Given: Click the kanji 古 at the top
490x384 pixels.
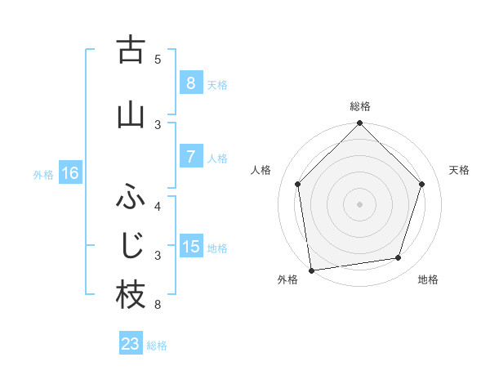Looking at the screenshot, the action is (x=131, y=51).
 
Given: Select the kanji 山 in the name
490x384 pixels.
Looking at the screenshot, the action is (x=131, y=114).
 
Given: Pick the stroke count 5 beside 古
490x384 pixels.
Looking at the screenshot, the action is (x=158, y=60).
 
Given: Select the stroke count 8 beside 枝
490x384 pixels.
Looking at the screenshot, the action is (x=158, y=306).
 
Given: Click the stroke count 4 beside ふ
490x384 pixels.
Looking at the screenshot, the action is (x=158, y=206).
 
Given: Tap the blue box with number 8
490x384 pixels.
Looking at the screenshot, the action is (x=190, y=83).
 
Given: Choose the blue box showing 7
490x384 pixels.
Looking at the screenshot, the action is (x=190, y=157).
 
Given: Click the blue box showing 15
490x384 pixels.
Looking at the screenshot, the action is (x=190, y=247).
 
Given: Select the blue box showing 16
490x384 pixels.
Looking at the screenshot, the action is (x=69, y=173).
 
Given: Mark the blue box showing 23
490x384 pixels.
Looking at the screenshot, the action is (x=130, y=344).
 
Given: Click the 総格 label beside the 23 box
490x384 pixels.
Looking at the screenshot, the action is (x=157, y=346).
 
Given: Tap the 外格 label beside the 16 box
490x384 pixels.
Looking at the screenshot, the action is (x=43, y=174).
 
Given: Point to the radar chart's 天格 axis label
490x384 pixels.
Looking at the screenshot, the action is (x=460, y=170).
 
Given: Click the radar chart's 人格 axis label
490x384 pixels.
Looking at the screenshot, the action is (x=261, y=170).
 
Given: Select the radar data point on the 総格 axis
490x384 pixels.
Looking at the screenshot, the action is (x=360, y=124).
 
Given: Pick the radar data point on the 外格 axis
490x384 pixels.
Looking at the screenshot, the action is (x=311, y=270).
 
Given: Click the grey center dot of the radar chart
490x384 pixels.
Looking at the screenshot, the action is (x=360, y=203).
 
